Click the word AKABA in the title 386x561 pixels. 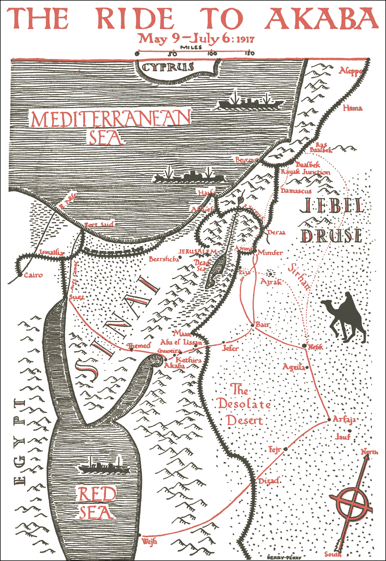[x=322, y=19]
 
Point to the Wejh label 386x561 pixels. [x=149, y=541]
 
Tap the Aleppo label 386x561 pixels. [x=351, y=71]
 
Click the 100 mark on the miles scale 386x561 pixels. [x=212, y=53]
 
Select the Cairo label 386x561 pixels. [x=33, y=275]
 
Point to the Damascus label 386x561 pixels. [x=296, y=191]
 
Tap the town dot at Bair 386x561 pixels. [x=253, y=325]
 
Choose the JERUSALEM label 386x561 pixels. [x=197, y=252]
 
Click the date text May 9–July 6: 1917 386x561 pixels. [x=196, y=39]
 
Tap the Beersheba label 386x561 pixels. [x=164, y=259]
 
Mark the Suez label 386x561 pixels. [x=77, y=297]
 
